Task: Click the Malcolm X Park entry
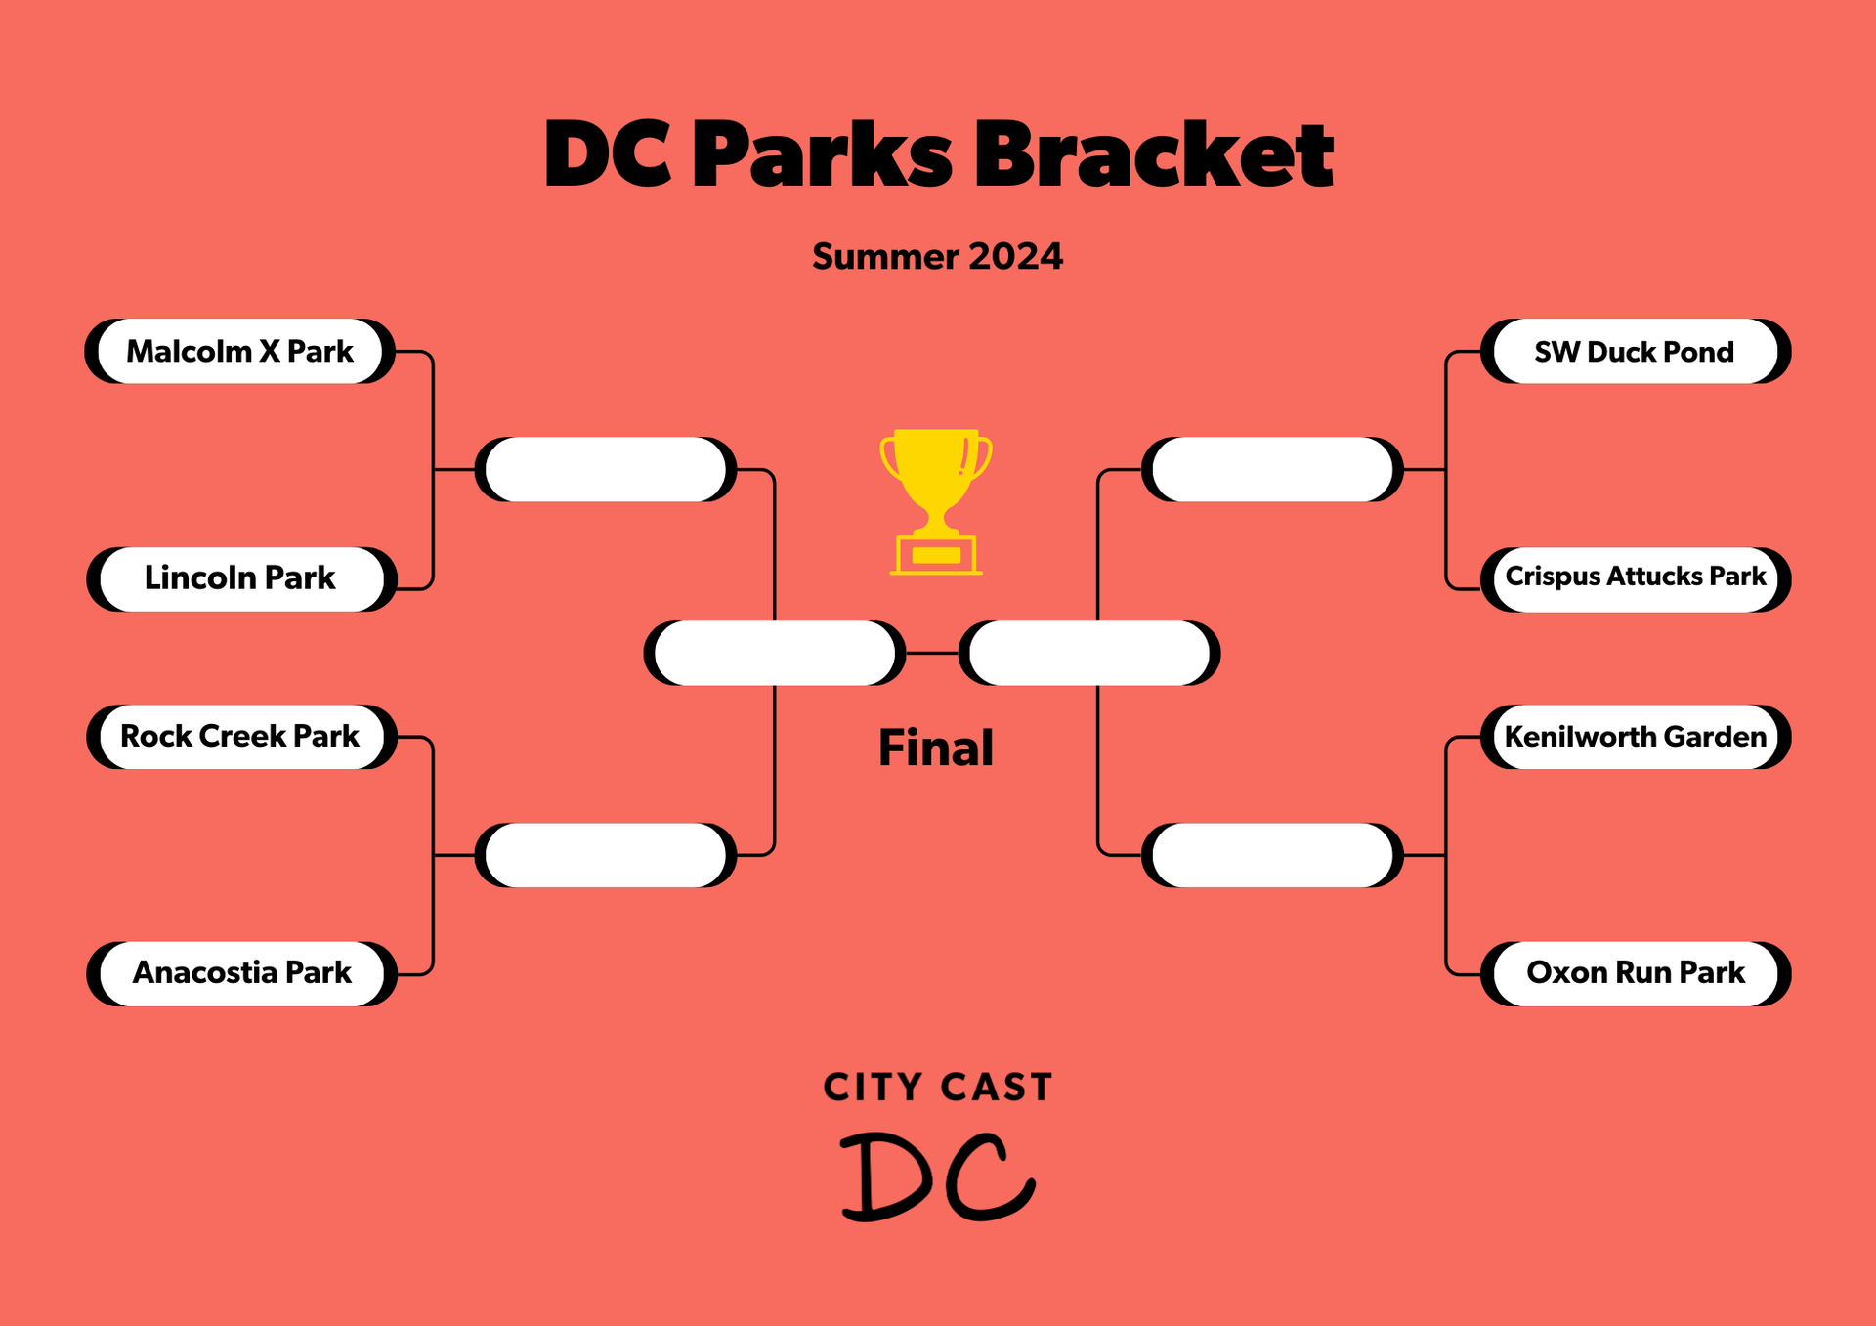[x=240, y=351]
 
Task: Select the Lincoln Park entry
[x=241, y=579]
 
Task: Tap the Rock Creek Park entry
[x=241, y=737]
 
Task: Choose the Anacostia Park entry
[x=241, y=974]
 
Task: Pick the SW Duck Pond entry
[x=1636, y=351]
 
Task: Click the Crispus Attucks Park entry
[x=1636, y=579]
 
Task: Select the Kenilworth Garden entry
[x=1636, y=737]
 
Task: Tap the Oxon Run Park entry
[x=1636, y=974]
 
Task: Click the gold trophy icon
[x=936, y=501]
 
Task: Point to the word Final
[x=936, y=749]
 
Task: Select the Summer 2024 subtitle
[x=937, y=256]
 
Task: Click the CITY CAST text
[x=938, y=1088]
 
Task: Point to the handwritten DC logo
[x=937, y=1176]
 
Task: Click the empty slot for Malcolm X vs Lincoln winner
[x=606, y=470]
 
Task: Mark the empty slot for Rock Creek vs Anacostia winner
[x=606, y=855]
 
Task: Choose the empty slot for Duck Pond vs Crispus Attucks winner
[x=1272, y=470]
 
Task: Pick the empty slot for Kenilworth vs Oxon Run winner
[x=1272, y=855]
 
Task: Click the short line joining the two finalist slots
[x=932, y=653]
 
